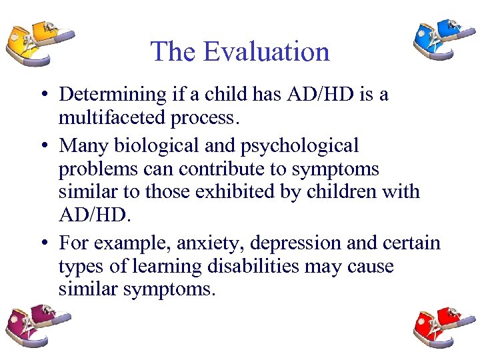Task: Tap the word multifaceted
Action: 107,118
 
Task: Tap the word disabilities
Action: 256,267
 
